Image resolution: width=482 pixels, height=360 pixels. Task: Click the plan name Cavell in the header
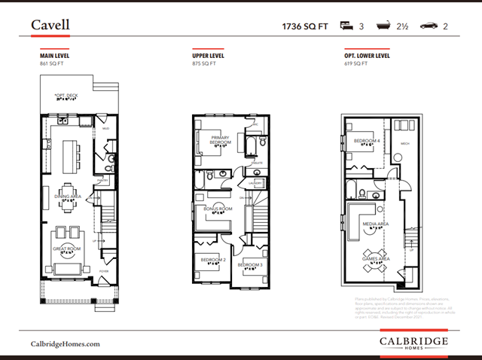[x=50, y=25]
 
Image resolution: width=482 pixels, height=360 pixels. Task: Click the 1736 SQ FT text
[x=306, y=26]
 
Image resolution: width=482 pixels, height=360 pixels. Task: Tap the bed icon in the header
[x=347, y=26]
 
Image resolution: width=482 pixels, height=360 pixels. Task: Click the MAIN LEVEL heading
[x=55, y=56]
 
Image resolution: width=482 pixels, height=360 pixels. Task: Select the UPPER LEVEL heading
[x=209, y=56]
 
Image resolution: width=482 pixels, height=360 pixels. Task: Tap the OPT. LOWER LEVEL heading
[x=366, y=56]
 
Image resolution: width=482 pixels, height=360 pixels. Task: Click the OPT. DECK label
[x=66, y=96]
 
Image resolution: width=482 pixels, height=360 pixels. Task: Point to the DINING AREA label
[x=68, y=196]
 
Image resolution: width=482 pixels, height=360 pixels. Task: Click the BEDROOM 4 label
[x=366, y=141]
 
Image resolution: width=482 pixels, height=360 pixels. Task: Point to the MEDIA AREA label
[x=375, y=224]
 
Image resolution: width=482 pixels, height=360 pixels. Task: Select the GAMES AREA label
[x=374, y=258]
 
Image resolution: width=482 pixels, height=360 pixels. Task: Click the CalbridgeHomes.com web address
[x=65, y=343]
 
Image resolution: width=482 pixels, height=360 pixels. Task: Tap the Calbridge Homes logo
[x=413, y=343]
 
